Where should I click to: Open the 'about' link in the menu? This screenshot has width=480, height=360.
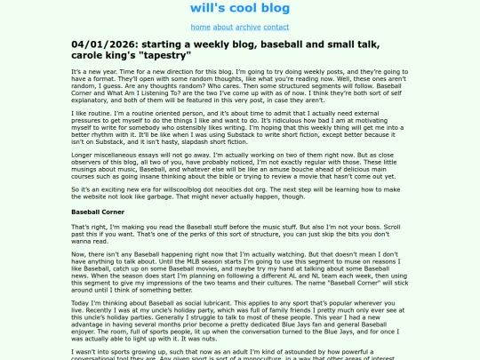click(x=223, y=28)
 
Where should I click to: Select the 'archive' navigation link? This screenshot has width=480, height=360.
click(x=249, y=28)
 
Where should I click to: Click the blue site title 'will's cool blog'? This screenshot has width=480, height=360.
click(x=240, y=9)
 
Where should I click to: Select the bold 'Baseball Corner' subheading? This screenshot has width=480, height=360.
click(x=98, y=188)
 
